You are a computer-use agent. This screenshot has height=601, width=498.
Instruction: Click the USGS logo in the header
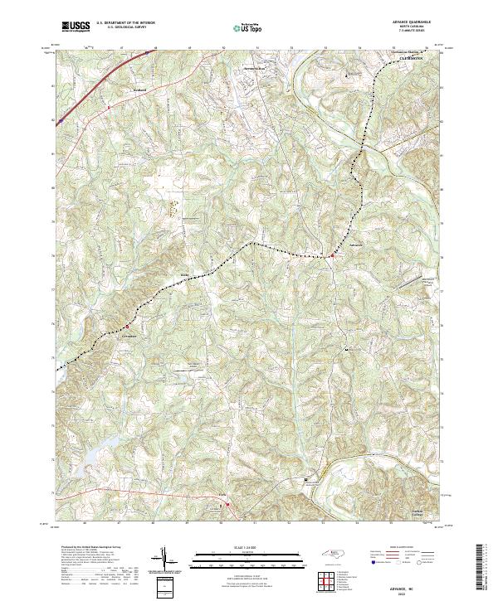point(76,27)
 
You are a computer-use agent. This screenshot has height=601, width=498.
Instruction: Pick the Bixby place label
point(186,274)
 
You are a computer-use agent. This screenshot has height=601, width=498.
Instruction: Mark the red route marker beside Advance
point(331,255)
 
